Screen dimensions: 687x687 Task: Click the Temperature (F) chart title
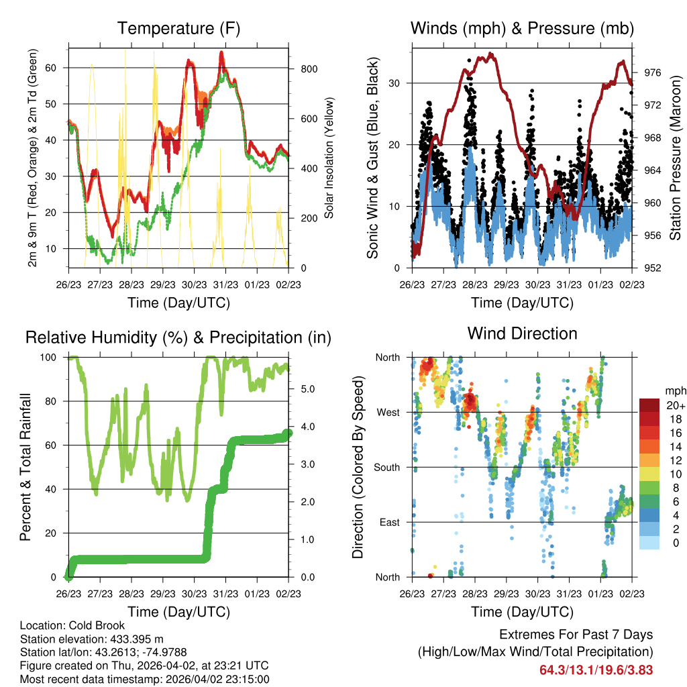click(178, 28)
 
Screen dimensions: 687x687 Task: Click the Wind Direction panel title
click(522, 333)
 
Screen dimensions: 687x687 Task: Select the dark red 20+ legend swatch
click(649, 405)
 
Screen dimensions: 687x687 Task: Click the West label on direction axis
click(387, 412)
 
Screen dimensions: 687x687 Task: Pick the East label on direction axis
click(388, 522)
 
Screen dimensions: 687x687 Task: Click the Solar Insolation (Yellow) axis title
click(329, 158)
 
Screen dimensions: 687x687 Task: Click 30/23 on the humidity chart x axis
click(195, 593)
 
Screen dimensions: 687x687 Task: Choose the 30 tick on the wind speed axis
click(399, 83)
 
